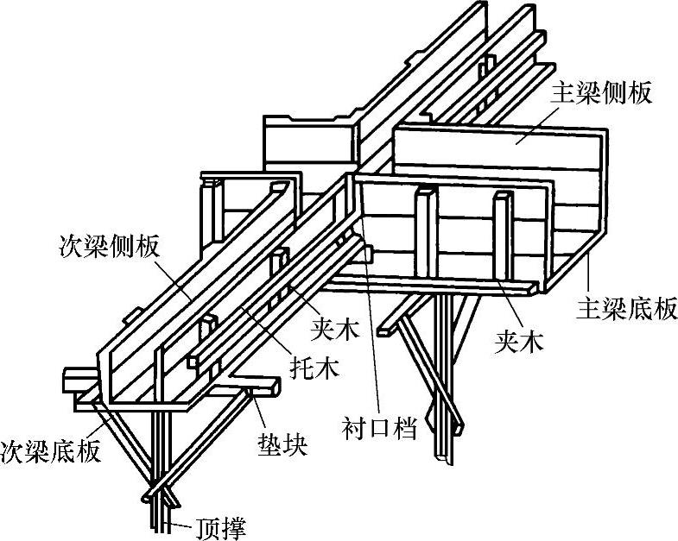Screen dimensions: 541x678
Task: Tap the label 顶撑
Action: coord(223,525)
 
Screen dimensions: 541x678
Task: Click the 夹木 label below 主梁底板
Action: coord(518,343)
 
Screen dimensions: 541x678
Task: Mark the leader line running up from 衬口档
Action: coord(374,345)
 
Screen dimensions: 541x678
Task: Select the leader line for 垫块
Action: coord(259,414)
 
